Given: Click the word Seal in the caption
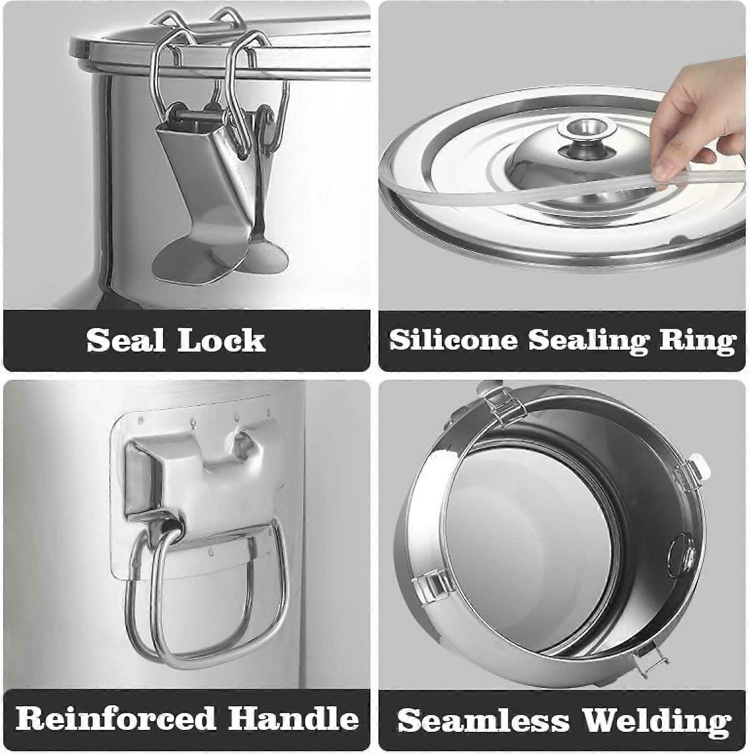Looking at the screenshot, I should coord(126,341).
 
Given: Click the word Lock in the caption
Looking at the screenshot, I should coord(221,341).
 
